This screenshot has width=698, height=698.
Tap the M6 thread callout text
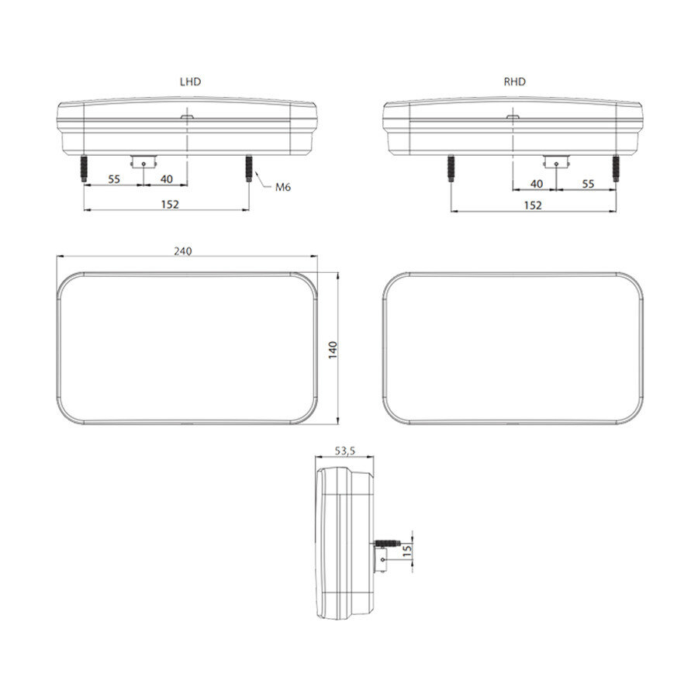tap(282, 187)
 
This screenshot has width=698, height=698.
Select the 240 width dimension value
tap(182, 251)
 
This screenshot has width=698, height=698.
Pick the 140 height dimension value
tap(333, 349)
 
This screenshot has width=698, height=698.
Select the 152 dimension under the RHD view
tap(532, 205)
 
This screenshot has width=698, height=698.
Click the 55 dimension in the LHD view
tap(113, 179)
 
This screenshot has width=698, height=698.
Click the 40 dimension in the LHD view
tap(165, 179)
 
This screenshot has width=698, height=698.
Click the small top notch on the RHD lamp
tap(513, 118)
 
